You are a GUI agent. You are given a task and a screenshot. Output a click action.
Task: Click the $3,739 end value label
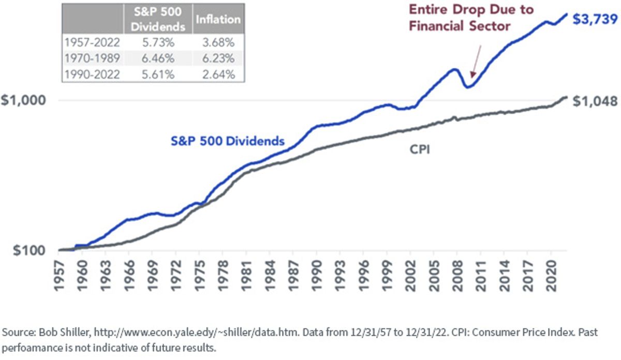(595, 20)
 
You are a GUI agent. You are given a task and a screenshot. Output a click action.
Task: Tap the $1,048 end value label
(595, 101)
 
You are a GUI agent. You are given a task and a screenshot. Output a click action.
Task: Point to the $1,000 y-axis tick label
(23, 100)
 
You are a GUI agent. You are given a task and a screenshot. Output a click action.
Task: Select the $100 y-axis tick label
(29, 250)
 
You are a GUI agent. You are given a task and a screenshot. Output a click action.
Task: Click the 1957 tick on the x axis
(59, 276)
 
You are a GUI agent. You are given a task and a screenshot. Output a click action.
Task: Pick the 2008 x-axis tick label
(457, 276)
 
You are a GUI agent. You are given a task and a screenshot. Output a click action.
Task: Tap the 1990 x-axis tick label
(317, 276)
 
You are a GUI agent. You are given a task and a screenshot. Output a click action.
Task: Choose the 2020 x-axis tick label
(551, 276)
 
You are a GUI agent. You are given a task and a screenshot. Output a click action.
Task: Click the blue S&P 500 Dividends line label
(228, 141)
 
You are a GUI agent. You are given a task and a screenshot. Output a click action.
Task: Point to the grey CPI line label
(420, 149)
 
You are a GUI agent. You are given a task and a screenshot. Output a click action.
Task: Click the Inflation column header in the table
(218, 20)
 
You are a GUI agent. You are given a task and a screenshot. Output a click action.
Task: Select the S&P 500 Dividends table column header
(158, 19)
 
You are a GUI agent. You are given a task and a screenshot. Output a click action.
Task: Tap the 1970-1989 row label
(92, 58)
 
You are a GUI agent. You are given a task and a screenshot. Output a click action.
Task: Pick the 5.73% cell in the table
(158, 42)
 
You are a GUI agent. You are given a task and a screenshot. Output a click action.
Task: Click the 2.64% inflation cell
(218, 74)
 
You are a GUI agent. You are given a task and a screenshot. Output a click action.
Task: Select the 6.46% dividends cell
(158, 58)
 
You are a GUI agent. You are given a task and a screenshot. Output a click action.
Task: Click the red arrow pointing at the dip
(476, 62)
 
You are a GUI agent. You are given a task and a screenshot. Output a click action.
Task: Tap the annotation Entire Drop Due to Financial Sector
(471, 18)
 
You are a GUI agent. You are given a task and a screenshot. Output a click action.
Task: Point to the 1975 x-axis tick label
(200, 276)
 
